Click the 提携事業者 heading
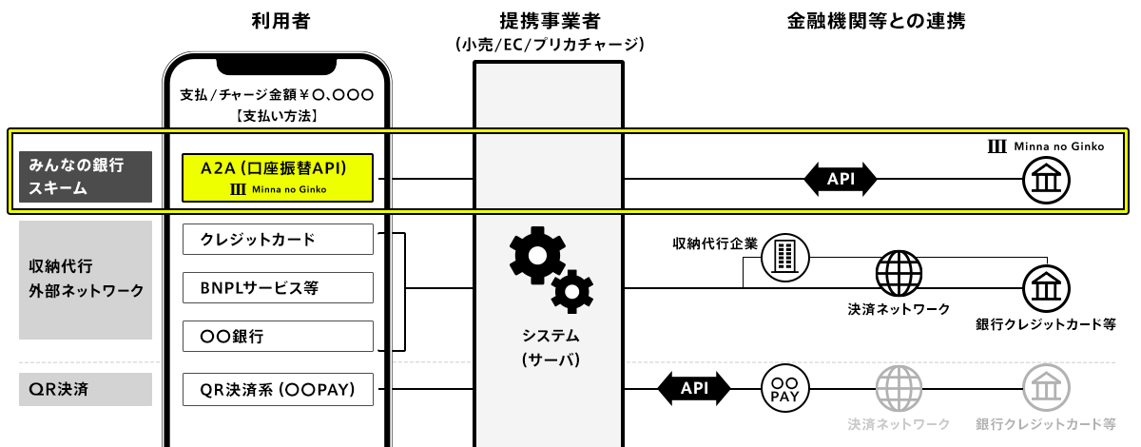550,21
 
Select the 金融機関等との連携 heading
876,21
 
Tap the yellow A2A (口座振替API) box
278,177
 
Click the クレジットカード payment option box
278,240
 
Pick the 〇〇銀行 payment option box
278,336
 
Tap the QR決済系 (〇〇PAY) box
278,388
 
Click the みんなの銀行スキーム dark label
86,176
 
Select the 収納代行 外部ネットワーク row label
86,280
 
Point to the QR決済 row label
86,388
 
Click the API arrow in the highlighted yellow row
840,178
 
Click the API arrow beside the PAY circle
693,388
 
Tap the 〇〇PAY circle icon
784,388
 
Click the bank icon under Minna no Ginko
1046,178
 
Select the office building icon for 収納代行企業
785,256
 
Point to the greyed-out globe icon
899,388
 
